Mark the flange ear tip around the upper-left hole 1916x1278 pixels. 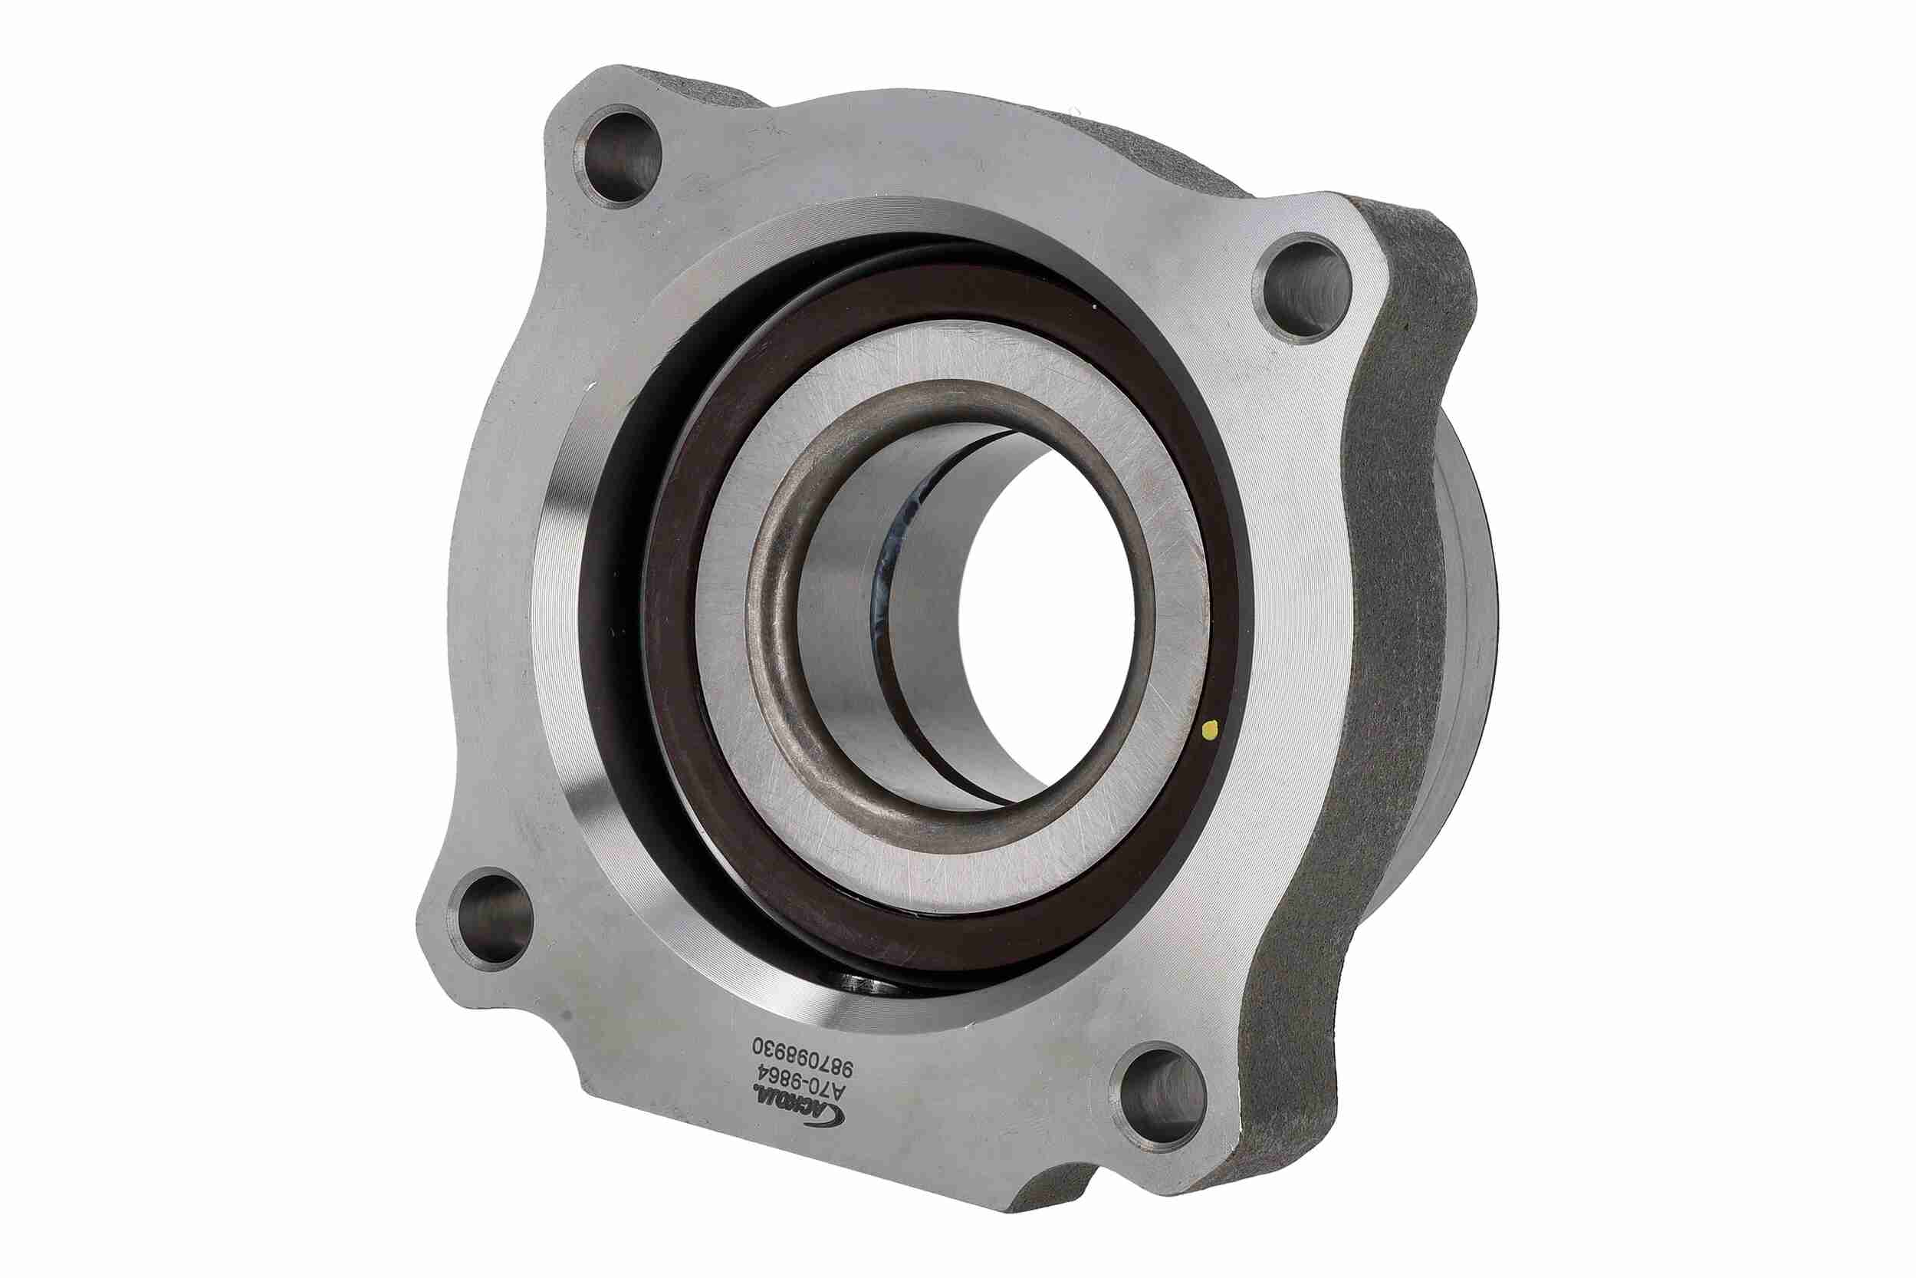[570, 106]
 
